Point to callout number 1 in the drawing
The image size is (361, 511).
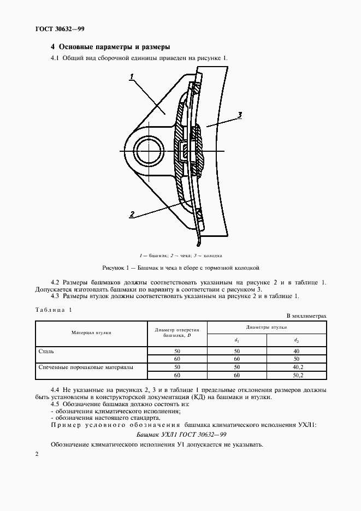[132, 78]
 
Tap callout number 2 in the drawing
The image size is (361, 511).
[132, 215]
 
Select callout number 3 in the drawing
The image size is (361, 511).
[239, 115]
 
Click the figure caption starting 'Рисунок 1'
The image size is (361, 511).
[180, 268]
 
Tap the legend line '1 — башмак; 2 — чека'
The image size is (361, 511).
[180, 255]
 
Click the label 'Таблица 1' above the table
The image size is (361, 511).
[54, 310]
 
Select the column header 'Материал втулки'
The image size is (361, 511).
[91, 332]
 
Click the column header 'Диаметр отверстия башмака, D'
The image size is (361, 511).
[177, 332]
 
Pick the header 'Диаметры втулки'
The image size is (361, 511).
[267, 326]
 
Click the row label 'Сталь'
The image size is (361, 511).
[46, 351]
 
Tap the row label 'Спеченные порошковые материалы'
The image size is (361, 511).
[85, 367]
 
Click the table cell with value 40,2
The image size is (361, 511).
[296, 367]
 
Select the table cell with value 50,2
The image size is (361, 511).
[296, 376]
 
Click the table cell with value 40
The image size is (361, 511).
[296, 351]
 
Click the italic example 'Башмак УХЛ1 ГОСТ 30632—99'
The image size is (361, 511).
[180, 434]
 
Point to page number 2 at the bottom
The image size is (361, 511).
[37, 454]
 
